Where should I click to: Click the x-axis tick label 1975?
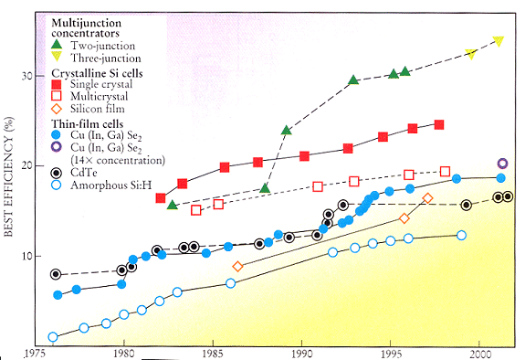point(37,351)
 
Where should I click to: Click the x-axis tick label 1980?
point(124,351)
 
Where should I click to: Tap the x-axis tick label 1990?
point(301,351)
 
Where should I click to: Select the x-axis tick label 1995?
point(391,351)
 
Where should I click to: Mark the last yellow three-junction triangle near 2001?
point(498,41)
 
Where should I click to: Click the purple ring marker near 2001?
point(502,164)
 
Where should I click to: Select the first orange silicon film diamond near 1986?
point(238,267)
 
